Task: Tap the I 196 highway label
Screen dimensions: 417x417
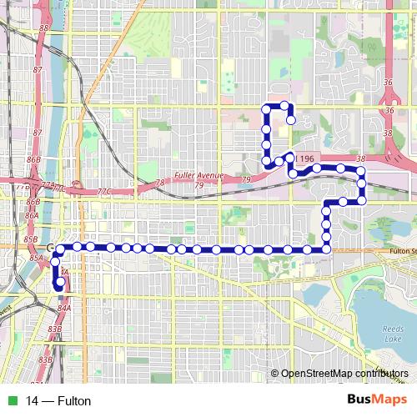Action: point(304,158)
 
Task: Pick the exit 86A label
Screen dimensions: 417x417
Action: point(33,216)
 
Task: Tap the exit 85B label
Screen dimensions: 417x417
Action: point(31,239)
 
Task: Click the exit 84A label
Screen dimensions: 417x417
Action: point(64,308)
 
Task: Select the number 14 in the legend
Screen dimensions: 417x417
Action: point(32,401)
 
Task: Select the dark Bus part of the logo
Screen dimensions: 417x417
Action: point(359,399)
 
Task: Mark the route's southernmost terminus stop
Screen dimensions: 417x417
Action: point(60,282)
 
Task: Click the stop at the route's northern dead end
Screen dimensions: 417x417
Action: point(290,120)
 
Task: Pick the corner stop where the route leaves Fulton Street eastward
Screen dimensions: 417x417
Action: point(326,249)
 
